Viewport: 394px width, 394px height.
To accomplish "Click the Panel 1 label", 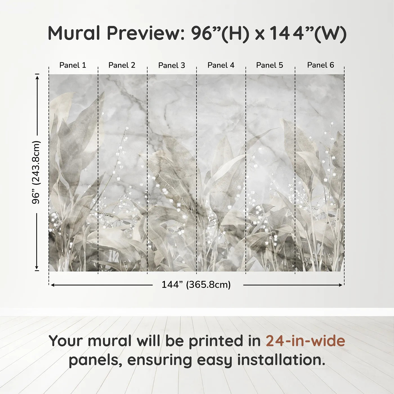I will point(73,65).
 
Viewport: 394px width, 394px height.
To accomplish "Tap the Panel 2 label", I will point(122,65).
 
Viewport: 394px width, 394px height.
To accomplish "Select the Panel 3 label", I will point(172,66).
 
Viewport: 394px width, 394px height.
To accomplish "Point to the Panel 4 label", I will point(221,65).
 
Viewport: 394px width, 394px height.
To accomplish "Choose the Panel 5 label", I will point(270,65).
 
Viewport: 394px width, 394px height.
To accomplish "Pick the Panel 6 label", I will point(321,65).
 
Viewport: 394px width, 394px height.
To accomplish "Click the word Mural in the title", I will point(74,33).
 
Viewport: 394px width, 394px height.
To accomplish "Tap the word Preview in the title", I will point(146,33).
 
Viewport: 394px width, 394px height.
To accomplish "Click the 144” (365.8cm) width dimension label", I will point(196,285).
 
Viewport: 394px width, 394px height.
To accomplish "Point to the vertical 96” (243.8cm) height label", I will point(36,172).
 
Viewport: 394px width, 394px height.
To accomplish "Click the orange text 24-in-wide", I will point(305,341).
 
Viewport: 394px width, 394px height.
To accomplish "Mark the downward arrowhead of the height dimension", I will point(37,268).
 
